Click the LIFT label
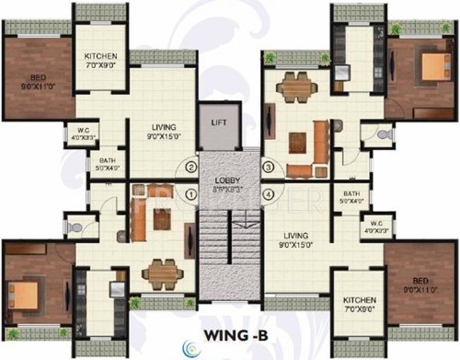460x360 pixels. coord(218,120)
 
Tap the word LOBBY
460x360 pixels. coord(228,180)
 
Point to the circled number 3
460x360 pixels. coord(269,168)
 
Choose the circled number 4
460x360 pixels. coord(269,194)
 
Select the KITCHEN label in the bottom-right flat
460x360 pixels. coord(357,300)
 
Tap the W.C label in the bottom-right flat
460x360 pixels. coord(376,223)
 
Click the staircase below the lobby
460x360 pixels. coord(231,253)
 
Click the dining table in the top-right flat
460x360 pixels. coord(293,82)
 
